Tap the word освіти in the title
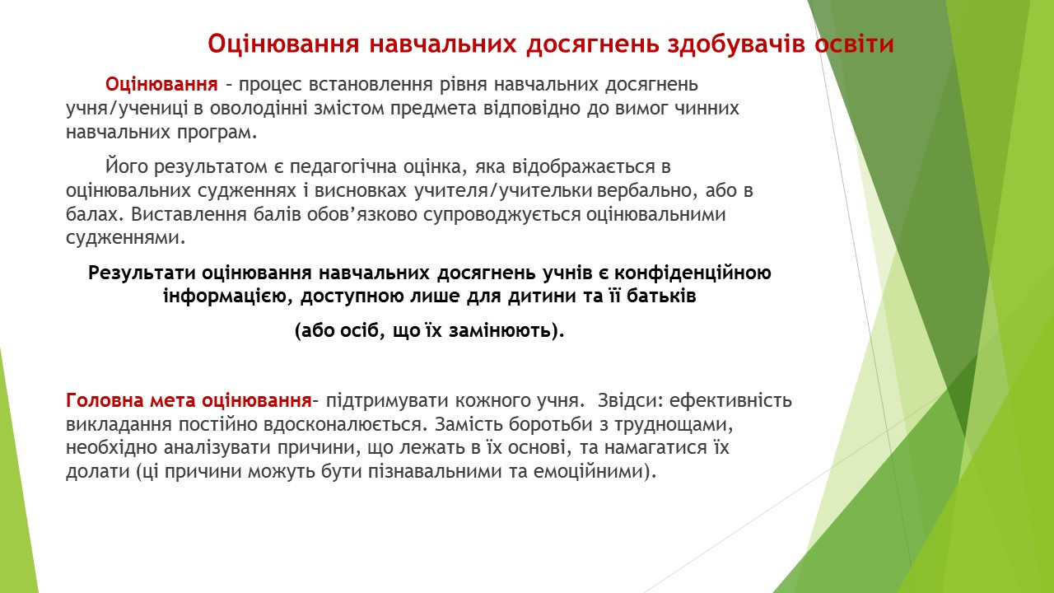tap(854, 44)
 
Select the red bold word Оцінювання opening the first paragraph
tap(161, 85)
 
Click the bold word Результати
tap(142, 273)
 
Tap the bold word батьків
tap(661, 296)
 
